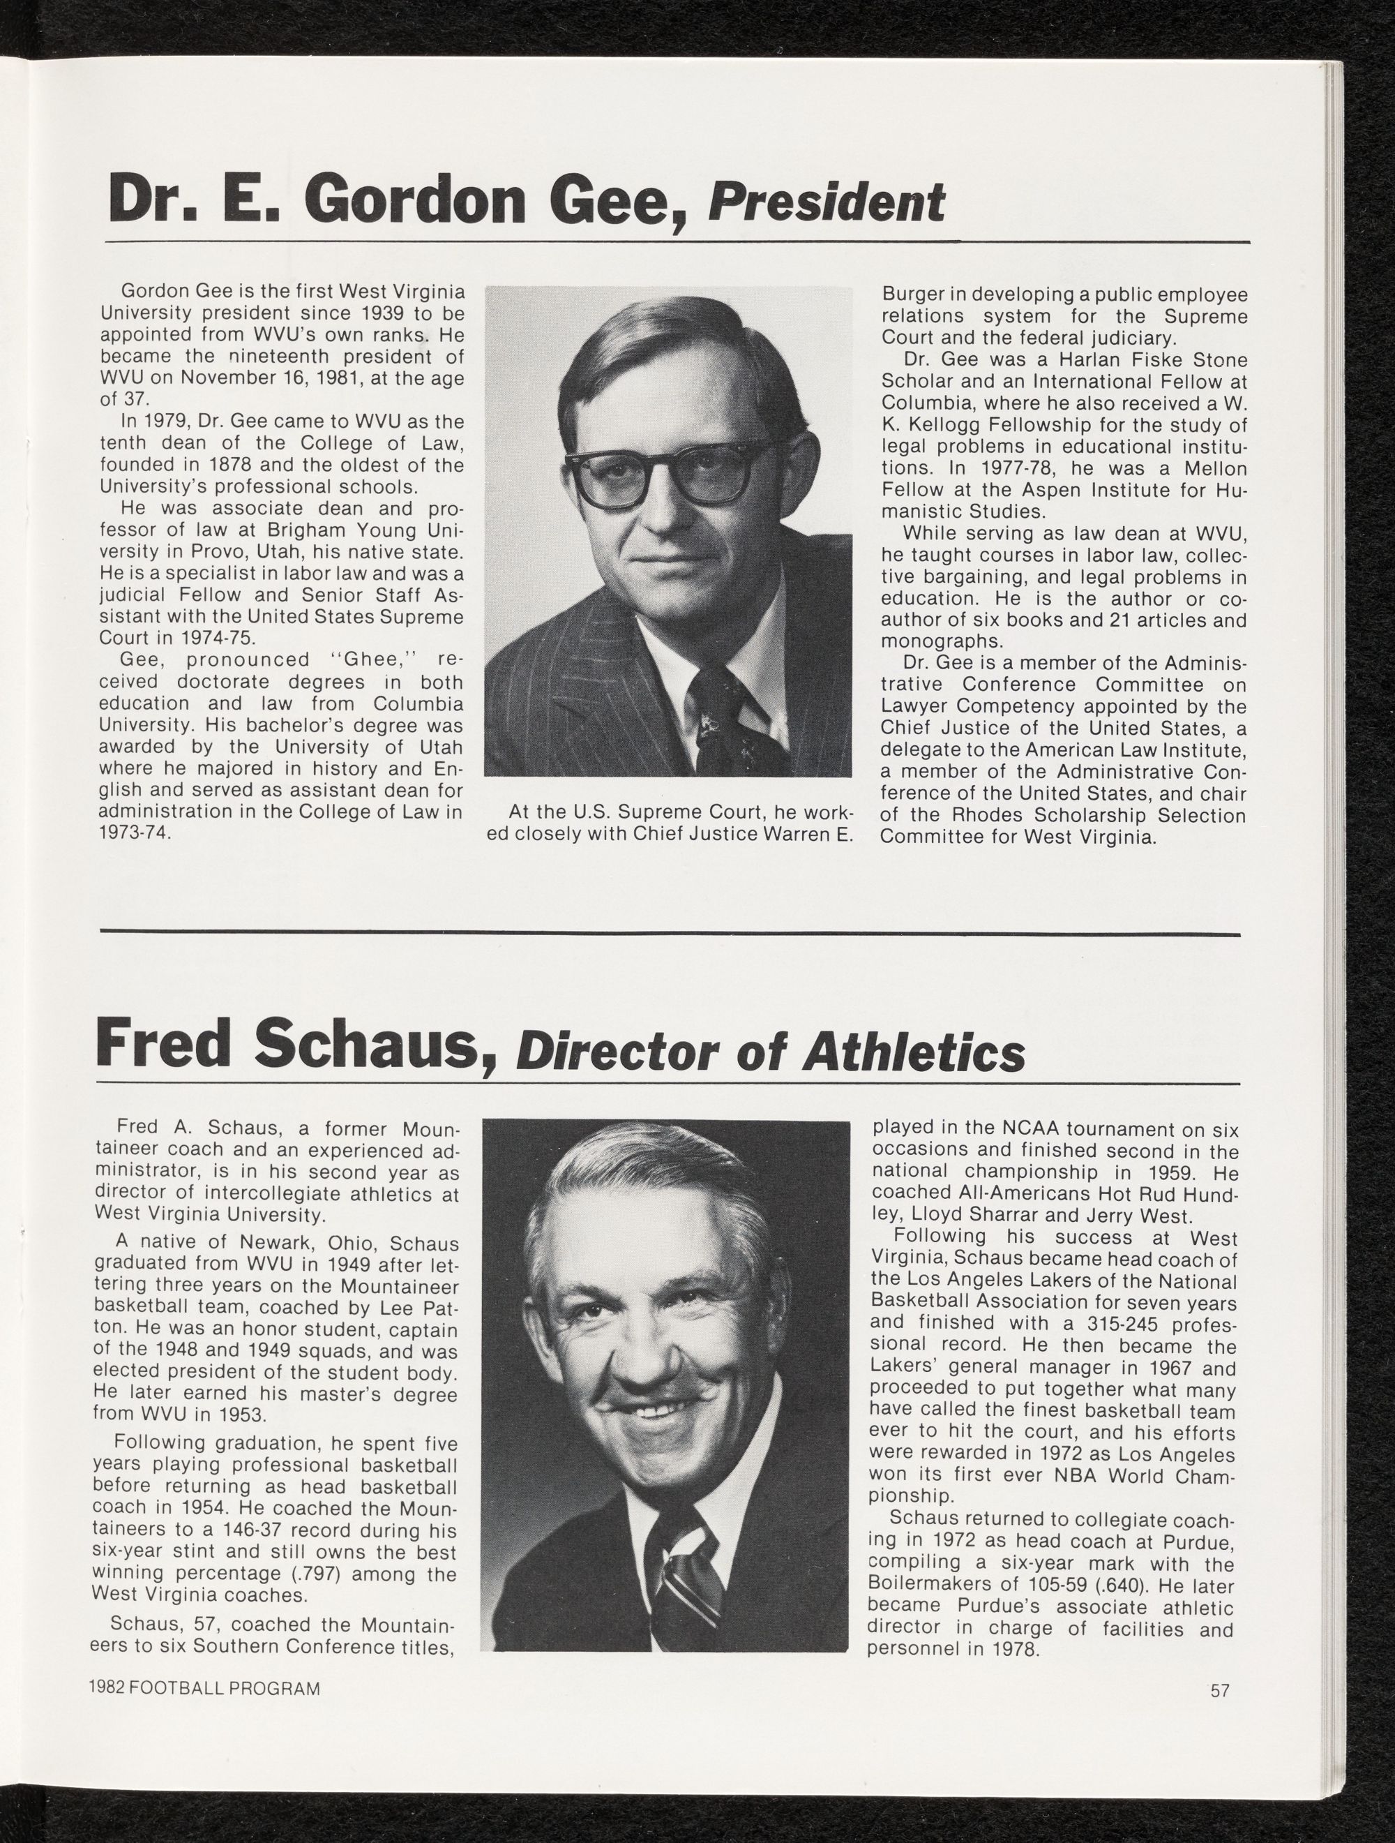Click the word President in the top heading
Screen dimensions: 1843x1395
pyautogui.click(x=825, y=203)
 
